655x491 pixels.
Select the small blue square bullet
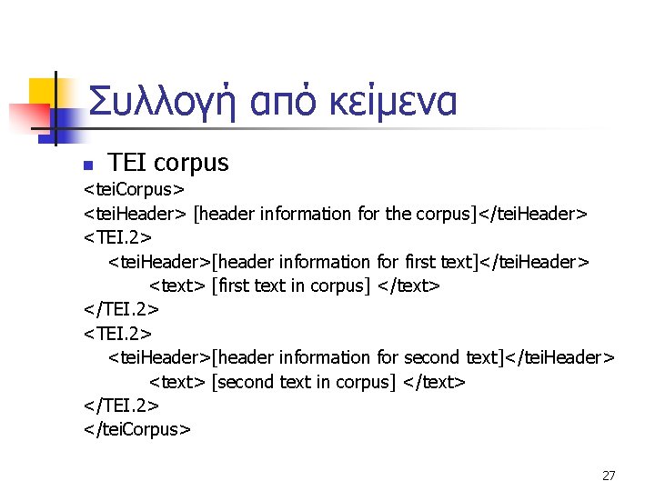click(x=88, y=165)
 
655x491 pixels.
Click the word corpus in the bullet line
click(x=192, y=164)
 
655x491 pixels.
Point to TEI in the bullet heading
click(x=127, y=163)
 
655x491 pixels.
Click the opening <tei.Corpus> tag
click(x=134, y=190)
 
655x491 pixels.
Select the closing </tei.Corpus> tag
click(x=137, y=428)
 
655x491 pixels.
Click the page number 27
click(x=609, y=475)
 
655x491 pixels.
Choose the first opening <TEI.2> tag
click(x=117, y=238)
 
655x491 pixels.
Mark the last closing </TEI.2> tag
click(x=121, y=405)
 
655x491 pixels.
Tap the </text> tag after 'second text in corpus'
click(x=434, y=381)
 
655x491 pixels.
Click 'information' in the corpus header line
click(x=305, y=214)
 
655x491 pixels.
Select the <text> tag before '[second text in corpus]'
click(x=176, y=381)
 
